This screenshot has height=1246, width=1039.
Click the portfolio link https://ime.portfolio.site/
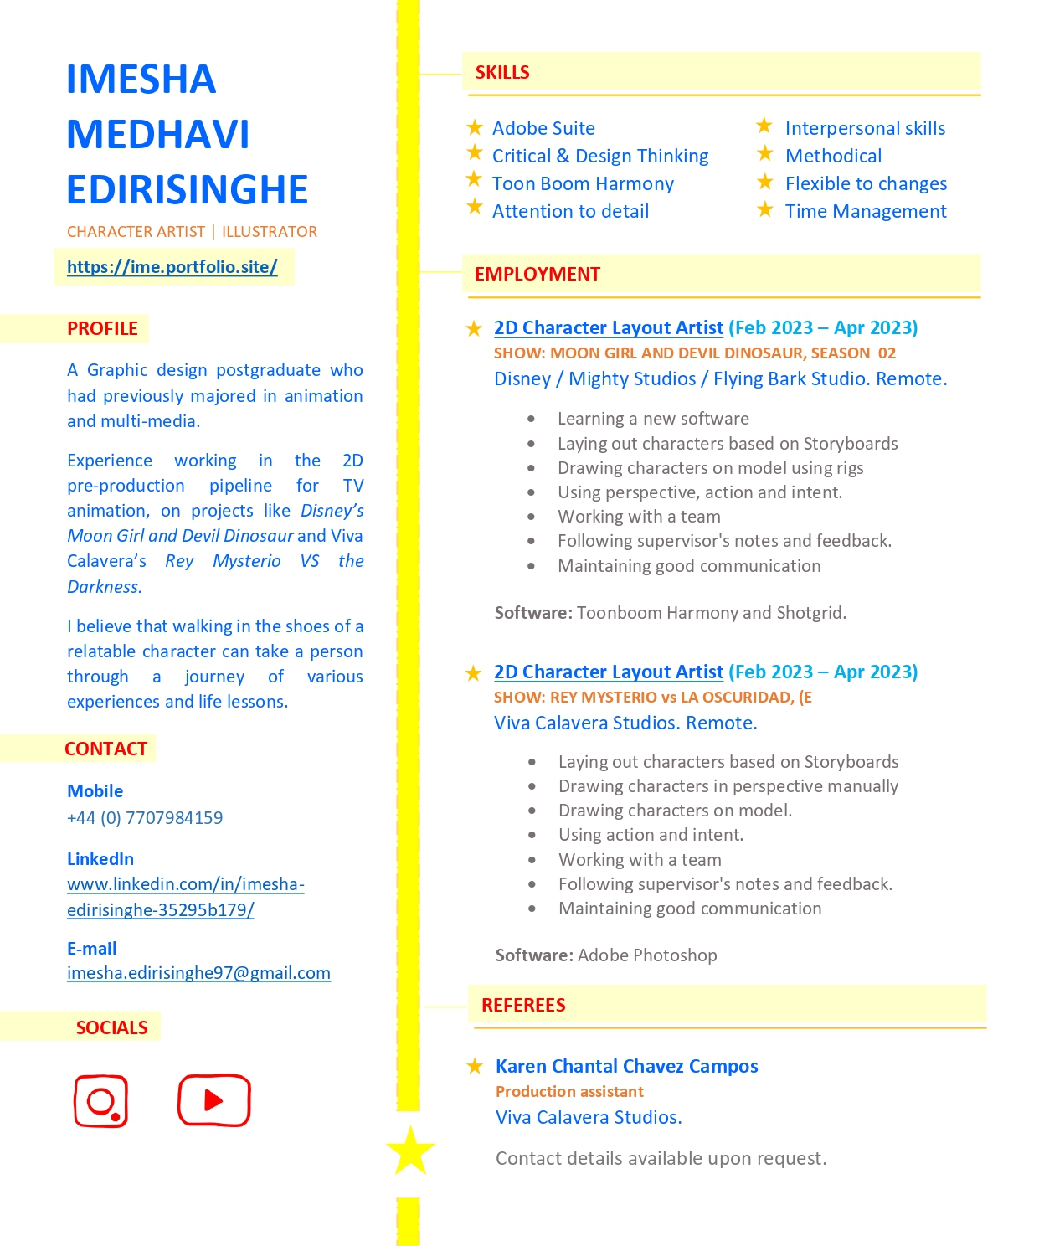point(172,267)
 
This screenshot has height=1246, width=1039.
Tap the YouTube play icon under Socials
point(213,1100)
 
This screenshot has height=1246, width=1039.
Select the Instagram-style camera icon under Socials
point(101,1101)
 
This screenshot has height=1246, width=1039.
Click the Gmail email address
point(198,973)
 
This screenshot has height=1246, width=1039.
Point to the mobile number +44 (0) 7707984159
point(145,818)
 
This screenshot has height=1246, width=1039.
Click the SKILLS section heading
point(502,73)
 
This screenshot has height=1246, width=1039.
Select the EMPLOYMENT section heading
point(537,275)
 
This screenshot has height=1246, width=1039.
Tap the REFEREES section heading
point(523,1005)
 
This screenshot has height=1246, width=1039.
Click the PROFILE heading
point(102,329)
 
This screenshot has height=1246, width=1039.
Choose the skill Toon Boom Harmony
point(583,184)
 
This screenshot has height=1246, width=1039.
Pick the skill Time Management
point(866,212)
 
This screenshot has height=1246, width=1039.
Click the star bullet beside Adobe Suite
point(475,127)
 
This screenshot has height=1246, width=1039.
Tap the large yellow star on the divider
point(410,1151)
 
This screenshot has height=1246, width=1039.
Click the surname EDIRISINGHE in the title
point(188,190)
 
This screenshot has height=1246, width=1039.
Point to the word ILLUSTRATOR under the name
point(270,232)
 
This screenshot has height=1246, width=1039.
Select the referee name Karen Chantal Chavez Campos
point(626,1066)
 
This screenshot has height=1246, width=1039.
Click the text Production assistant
point(569,1092)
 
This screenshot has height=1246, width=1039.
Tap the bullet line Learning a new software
point(653,419)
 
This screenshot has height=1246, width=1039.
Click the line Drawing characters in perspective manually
point(728,786)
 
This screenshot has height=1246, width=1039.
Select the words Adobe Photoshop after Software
point(647,955)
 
